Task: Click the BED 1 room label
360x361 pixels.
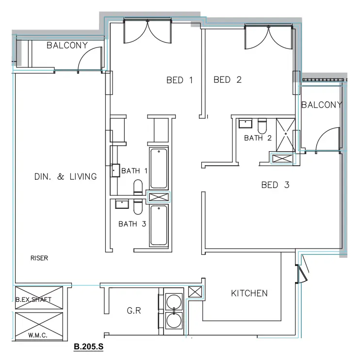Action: point(180,80)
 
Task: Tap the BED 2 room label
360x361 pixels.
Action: point(228,80)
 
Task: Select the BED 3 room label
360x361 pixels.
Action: point(275,185)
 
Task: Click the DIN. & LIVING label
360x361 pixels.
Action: point(65,177)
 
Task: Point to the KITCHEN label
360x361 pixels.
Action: point(249,293)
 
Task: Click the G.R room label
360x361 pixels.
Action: point(134,311)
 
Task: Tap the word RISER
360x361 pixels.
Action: point(39,258)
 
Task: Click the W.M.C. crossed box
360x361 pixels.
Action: point(39,326)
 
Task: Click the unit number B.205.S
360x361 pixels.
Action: point(89,347)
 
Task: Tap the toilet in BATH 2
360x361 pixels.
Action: point(262,126)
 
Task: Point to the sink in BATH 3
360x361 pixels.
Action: point(121,204)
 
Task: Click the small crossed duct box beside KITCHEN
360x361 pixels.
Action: point(194,292)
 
